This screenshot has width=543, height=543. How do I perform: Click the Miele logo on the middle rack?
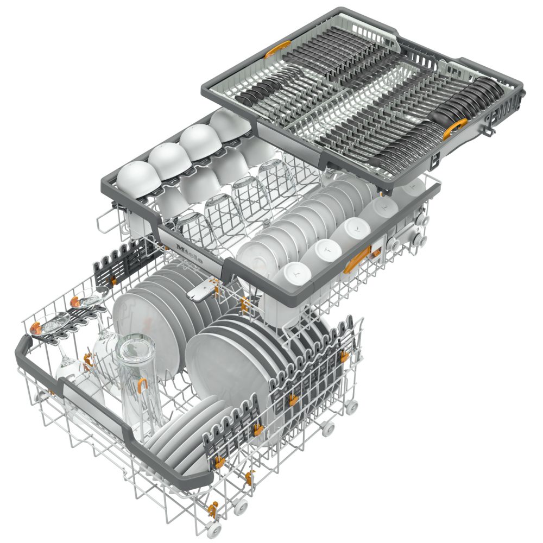click(189, 253)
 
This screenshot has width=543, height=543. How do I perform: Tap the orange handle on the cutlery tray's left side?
click(277, 49)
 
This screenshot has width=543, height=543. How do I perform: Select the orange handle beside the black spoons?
click(455, 128)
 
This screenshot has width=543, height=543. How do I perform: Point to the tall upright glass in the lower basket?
click(138, 381)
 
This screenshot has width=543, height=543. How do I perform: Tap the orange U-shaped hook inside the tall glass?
click(142, 385)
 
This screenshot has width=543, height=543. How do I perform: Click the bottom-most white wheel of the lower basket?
click(214, 529)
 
